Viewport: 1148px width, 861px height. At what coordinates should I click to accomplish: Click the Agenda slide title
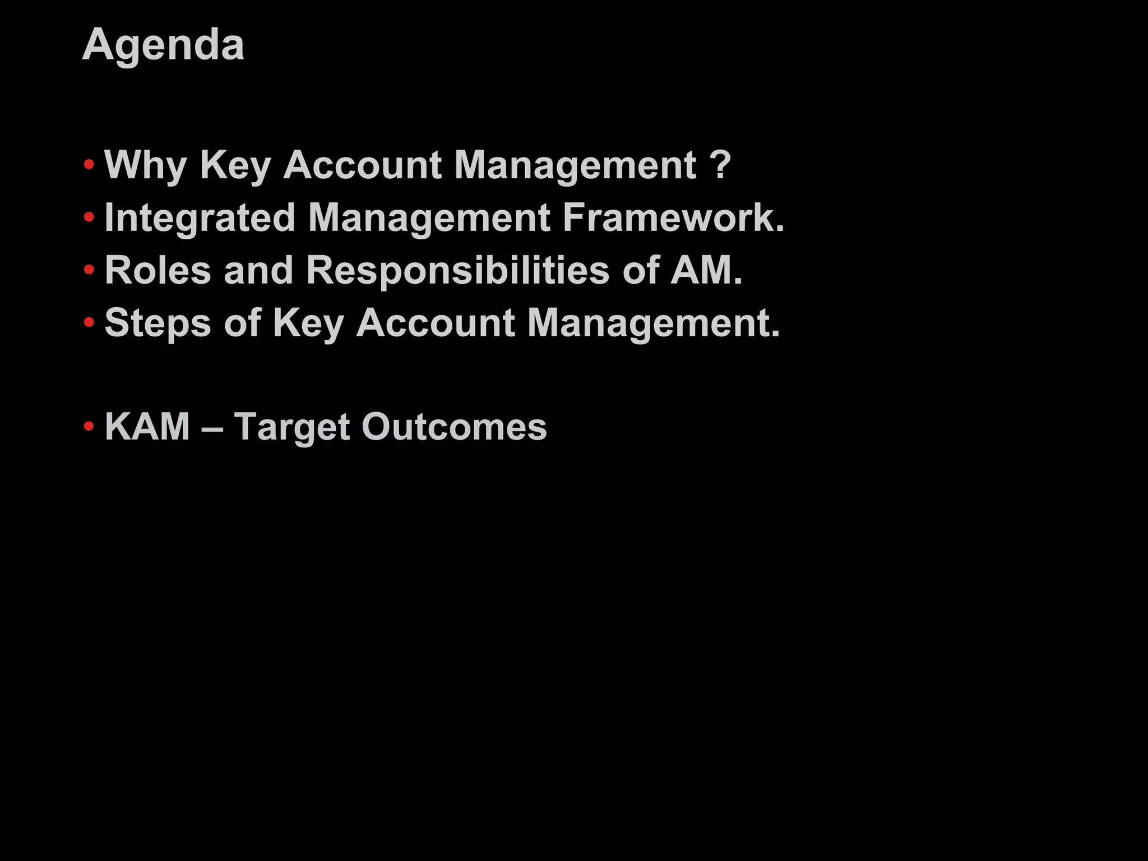pyautogui.click(x=163, y=45)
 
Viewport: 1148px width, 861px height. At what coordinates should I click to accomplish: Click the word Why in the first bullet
pyautogui.click(x=145, y=165)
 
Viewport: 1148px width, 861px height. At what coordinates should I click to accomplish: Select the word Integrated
pyautogui.click(x=200, y=218)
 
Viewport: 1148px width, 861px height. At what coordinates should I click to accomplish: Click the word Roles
pyautogui.click(x=158, y=270)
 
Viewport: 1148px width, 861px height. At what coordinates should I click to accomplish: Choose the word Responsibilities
pyautogui.click(x=457, y=270)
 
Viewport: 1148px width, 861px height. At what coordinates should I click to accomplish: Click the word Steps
pyautogui.click(x=158, y=323)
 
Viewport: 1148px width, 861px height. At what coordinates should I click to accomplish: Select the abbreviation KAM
pyautogui.click(x=147, y=427)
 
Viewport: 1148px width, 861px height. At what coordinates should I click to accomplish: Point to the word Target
pyautogui.click(x=292, y=428)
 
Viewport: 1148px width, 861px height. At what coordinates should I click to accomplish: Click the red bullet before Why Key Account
pyautogui.click(x=89, y=165)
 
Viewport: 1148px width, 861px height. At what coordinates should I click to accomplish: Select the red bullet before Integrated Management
pyautogui.click(x=89, y=217)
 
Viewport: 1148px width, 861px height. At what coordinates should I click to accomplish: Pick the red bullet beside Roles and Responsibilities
pyautogui.click(x=89, y=270)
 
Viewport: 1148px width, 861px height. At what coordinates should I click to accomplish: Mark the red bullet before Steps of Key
pyautogui.click(x=89, y=322)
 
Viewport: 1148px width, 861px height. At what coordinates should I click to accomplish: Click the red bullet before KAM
pyautogui.click(x=89, y=427)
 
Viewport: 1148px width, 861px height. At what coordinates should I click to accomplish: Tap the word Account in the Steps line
pyautogui.click(x=436, y=323)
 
